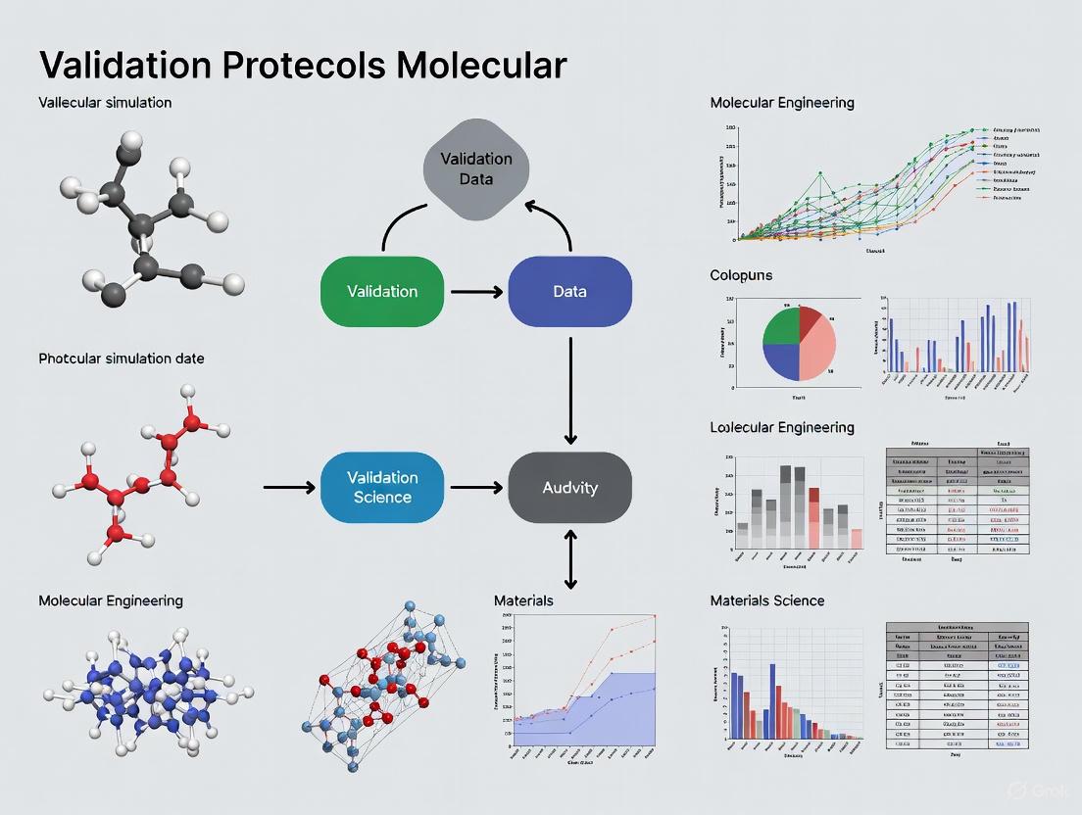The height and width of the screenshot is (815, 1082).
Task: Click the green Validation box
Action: tap(382, 291)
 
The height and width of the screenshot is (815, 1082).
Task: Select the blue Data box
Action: tap(569, 291)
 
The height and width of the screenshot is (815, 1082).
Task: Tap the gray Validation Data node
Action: tap(475, 168)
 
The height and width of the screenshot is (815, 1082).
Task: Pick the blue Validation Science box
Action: tap(382, 487)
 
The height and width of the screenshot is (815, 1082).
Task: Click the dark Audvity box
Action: tap(569, 487)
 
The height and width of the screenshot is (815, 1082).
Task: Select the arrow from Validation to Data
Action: tap(475, 291)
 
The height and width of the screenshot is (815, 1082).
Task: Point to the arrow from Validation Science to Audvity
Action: tap(475, 487)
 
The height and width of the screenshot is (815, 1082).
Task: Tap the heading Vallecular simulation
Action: tap(105, 102)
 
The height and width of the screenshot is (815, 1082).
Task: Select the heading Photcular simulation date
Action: tap(122, 359)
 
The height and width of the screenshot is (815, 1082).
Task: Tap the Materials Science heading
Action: tap(766, 600)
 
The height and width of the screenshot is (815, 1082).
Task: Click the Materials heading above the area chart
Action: tap(523, 600)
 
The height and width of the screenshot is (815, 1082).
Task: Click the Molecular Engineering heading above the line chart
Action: tap(781, 102)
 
